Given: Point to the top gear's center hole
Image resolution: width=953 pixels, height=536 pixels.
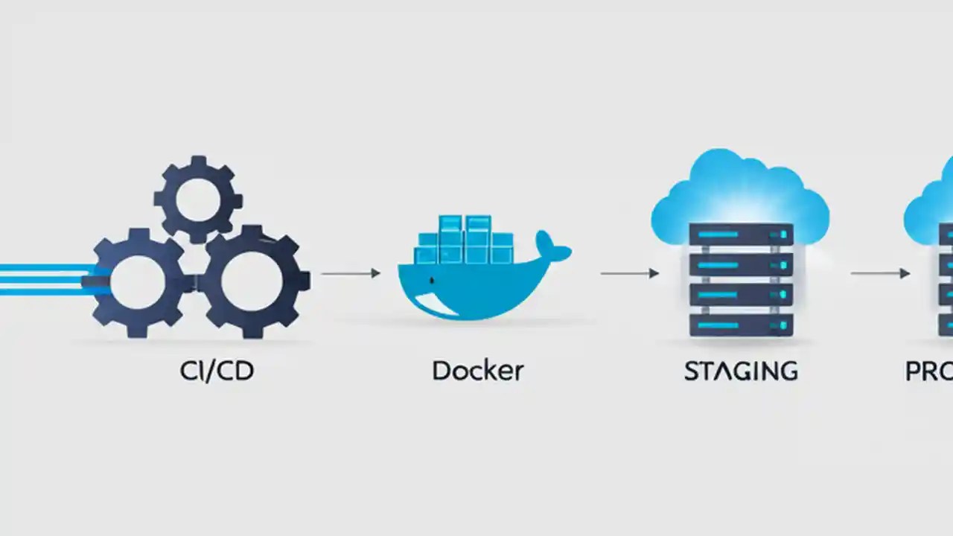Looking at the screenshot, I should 198,197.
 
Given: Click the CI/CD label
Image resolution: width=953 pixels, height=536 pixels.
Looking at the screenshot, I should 217,371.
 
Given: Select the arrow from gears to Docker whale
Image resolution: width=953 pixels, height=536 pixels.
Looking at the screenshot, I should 350,274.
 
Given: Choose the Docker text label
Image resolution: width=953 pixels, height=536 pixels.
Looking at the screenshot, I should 477,371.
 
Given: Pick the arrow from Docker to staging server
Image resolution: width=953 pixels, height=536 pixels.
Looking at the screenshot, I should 629,274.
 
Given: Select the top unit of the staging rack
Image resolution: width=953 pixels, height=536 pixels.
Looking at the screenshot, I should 741,234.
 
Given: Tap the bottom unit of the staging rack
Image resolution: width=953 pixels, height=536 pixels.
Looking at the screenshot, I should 741,325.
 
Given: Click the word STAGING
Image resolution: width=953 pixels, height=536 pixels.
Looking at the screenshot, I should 741,371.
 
